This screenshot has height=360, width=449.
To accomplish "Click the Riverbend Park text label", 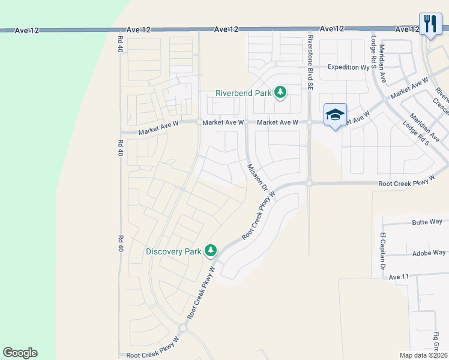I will (x=244, y=93).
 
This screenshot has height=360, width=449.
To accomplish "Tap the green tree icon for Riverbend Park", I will (x=280, y=92).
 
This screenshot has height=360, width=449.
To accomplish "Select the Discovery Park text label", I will (x=173, y=251).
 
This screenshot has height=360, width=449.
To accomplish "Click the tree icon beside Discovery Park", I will (x=210, y=250).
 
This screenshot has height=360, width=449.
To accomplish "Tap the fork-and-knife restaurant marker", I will (x=430, y=24).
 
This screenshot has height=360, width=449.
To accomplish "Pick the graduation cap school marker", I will (x=335, y=115).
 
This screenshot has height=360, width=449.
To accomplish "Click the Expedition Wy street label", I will (x=348, y=67).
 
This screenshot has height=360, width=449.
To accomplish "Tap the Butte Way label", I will (x=427, y=222).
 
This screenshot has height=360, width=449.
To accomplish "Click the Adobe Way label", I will (x=429, y=253).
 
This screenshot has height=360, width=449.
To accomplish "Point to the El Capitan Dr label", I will (x=382, y=250).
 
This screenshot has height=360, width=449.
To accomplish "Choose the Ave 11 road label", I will (x=399, y=277).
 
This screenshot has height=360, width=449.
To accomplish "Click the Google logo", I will (x=20, y=353).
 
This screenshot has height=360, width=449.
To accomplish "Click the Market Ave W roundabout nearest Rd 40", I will (x=198, y=122).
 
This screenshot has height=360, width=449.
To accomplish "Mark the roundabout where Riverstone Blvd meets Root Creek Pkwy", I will (x=309, y=183).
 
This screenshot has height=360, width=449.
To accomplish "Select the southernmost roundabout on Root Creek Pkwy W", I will (x=182, y=328).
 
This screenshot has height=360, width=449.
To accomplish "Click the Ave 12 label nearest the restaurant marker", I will (x=408, y=29).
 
